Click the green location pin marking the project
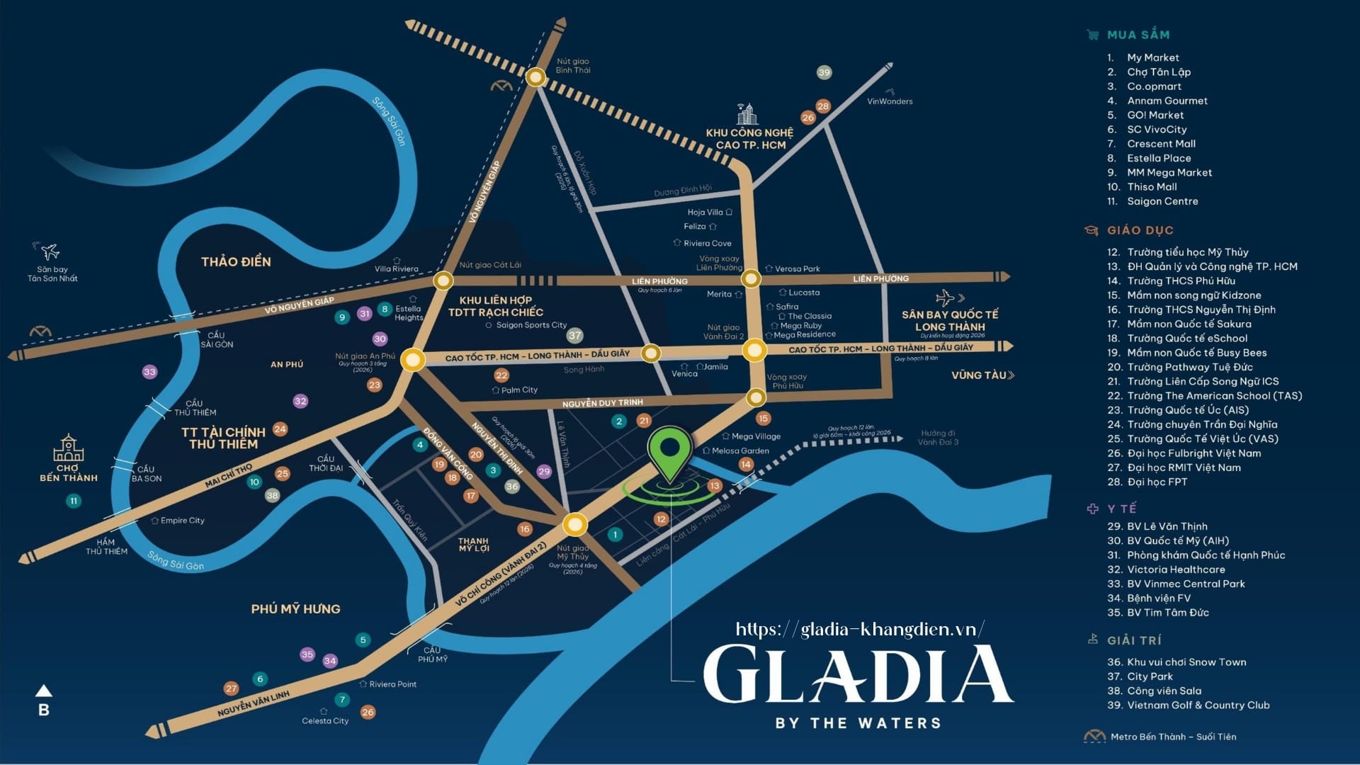click(x=669, y=450)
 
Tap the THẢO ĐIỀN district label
click(x=236, y=262)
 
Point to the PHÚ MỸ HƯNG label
click(x=295, y=609)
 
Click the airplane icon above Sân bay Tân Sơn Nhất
click(x=50, y=251)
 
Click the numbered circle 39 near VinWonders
click(x=824, y=72)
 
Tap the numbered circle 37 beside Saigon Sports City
click(x=574, y=336)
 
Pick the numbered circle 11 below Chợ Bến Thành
click(x=74, y=501)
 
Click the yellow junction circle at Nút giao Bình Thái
click(x=536, y=76)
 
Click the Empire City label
click(x=182, y=521)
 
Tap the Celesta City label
click(x=325, y=721)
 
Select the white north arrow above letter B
click(x=44, y=690)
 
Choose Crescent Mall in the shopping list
click(x=1161, y=144)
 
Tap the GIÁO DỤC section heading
click(x=1140, y=230)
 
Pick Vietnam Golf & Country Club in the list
click(x=1198, y=705)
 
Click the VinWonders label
click(x=890, y=101)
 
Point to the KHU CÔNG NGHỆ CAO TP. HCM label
click(x=750, y=139)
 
